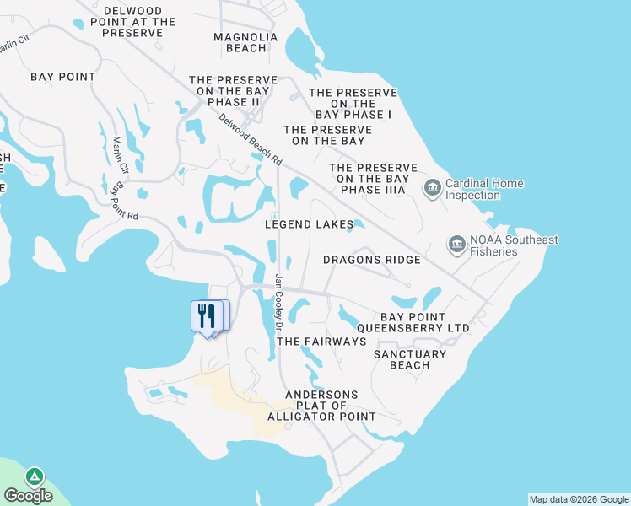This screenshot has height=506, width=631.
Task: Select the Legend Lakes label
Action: pyautogui.click(x=309, y=224)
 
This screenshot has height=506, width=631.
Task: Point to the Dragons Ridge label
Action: pyautogui.click(x=372, y=260)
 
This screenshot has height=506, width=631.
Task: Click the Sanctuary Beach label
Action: pyautogui.click(x=410, y=359)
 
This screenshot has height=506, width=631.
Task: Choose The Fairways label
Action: pyautogui.click(x=321, y=342)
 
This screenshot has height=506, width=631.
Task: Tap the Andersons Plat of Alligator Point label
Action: pyautogui.click(x=321, y=406)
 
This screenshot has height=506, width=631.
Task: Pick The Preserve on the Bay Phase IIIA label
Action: pyautogui.click(x=372, y=179)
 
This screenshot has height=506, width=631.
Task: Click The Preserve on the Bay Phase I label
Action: pyautogui.click(x=353, y=103)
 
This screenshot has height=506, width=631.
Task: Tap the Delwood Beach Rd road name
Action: pyautogui.click(x=251, y=140)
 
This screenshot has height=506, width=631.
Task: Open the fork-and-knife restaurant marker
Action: pyautogui.click(x=205, y=316)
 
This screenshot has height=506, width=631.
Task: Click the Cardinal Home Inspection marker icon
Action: pyautogui.click(x=433, y=186)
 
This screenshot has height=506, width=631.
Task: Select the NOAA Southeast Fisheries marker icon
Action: pyautogui.click(x=456, y=245)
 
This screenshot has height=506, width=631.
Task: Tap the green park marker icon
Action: pyautogui.click(x=35, y=476)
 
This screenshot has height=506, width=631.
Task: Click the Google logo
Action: pyautogui.click(x=28, y=496)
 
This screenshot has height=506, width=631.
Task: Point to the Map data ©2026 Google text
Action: pyautogui.click(x=579, y=499)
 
